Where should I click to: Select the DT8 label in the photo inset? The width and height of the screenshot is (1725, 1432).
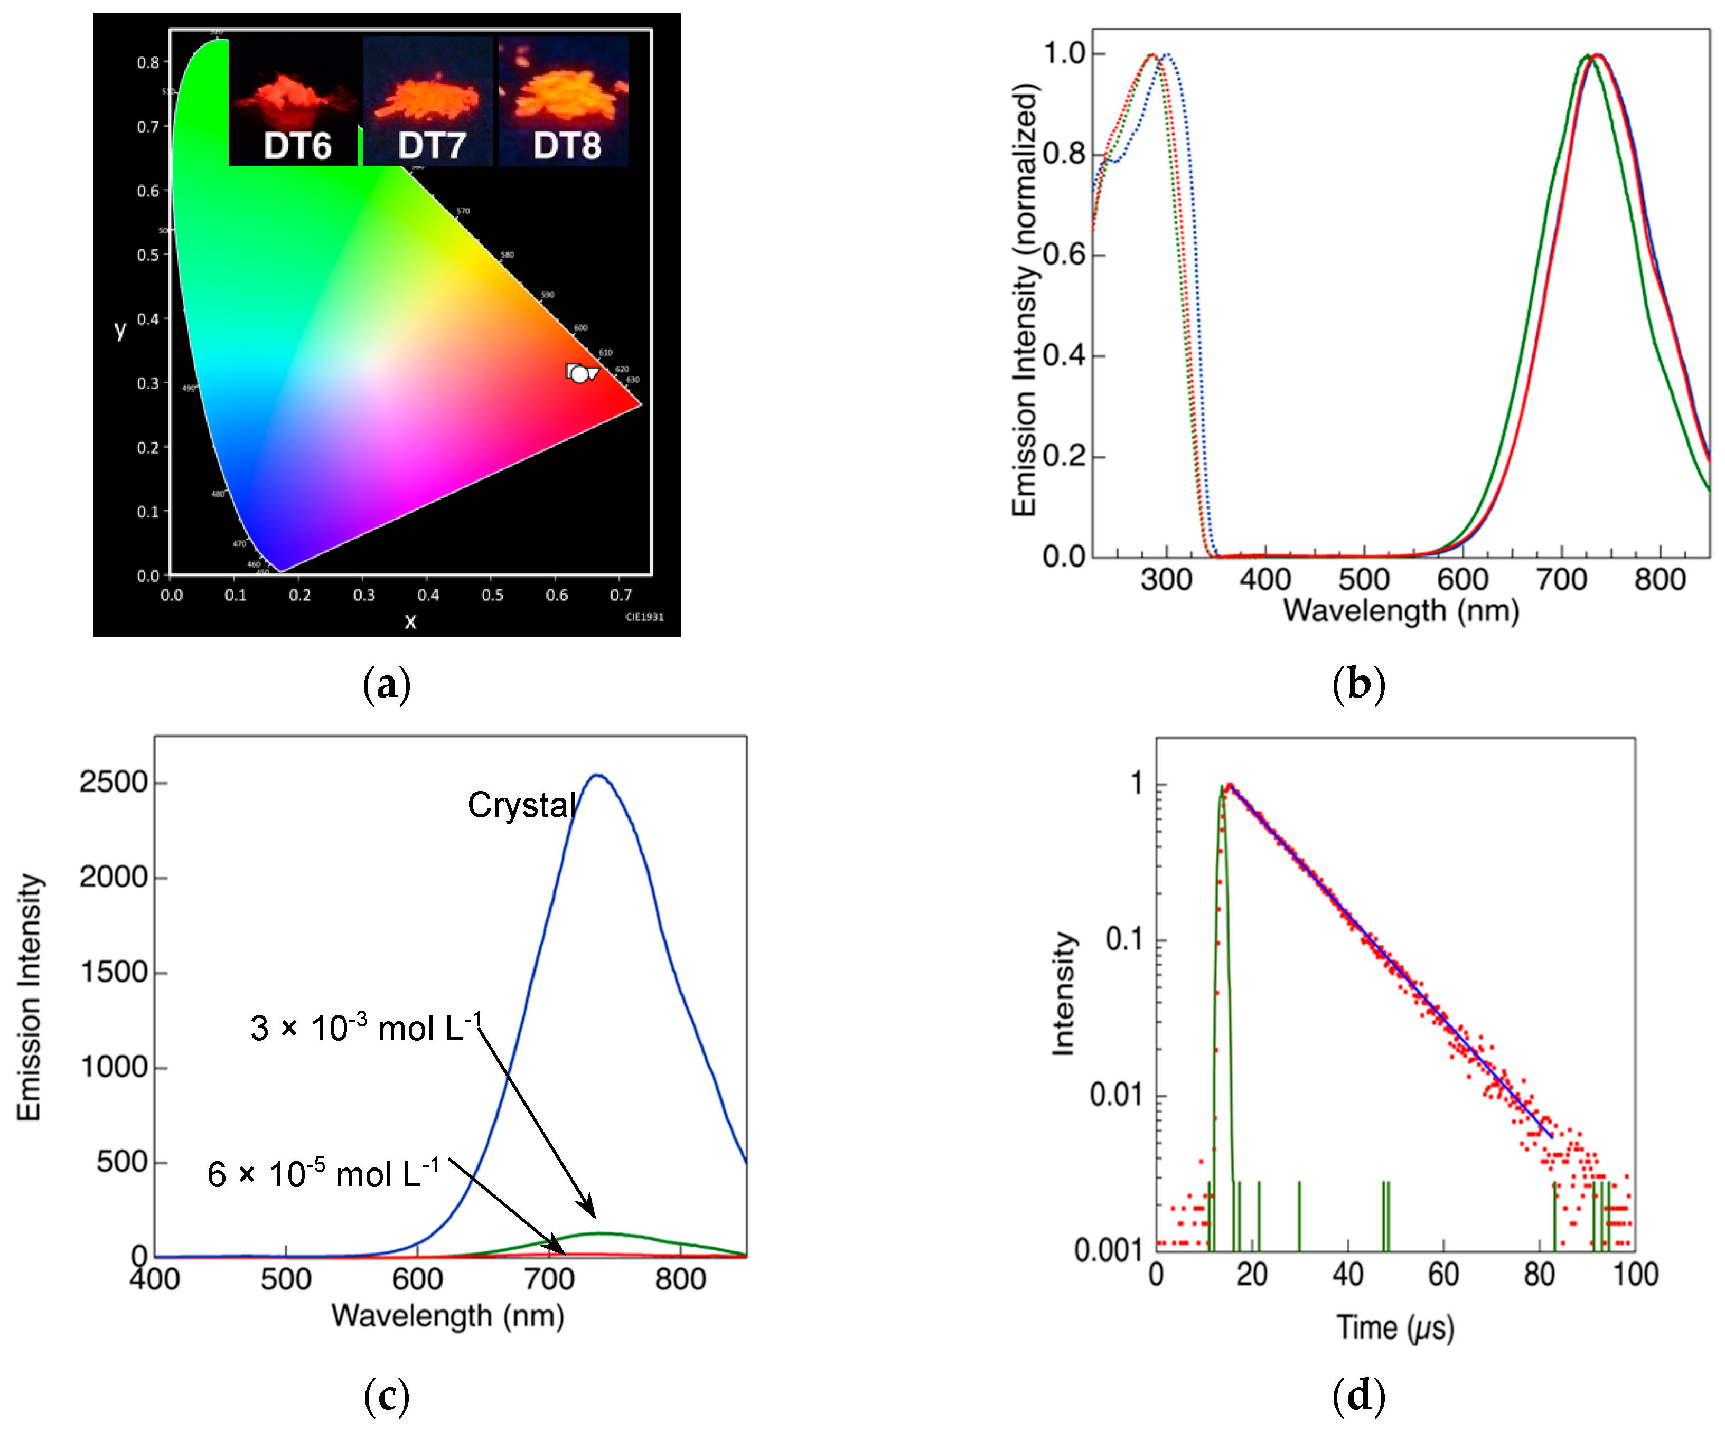point(567,146)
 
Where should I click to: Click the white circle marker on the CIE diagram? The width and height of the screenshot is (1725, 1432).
point(580,374)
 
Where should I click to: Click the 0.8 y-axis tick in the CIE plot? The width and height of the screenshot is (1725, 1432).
point(148,62)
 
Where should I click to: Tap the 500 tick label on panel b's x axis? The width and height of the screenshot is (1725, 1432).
point(1364,580)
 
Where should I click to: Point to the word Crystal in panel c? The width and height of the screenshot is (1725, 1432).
point(522,806)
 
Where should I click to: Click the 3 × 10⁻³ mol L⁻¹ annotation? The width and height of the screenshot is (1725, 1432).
point(365,1028)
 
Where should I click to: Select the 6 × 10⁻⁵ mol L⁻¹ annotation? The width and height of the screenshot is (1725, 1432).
point(323,1174)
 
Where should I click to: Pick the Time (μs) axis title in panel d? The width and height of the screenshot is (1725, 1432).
point(1395,1328)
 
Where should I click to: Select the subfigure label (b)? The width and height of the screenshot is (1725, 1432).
point(1358,684)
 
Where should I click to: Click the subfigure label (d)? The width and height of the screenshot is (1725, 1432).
point(1358,1396)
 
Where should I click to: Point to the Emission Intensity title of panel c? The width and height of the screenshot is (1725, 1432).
point(30,997)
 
